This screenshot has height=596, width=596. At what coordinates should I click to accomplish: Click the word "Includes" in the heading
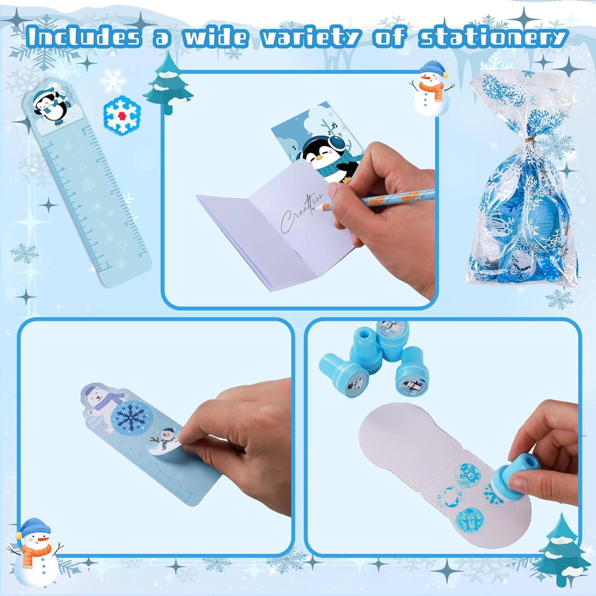(84, 37)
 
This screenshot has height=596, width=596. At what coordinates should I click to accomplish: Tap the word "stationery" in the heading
(492, 37)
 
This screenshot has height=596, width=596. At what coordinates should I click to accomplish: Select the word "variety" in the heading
(310, 37)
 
